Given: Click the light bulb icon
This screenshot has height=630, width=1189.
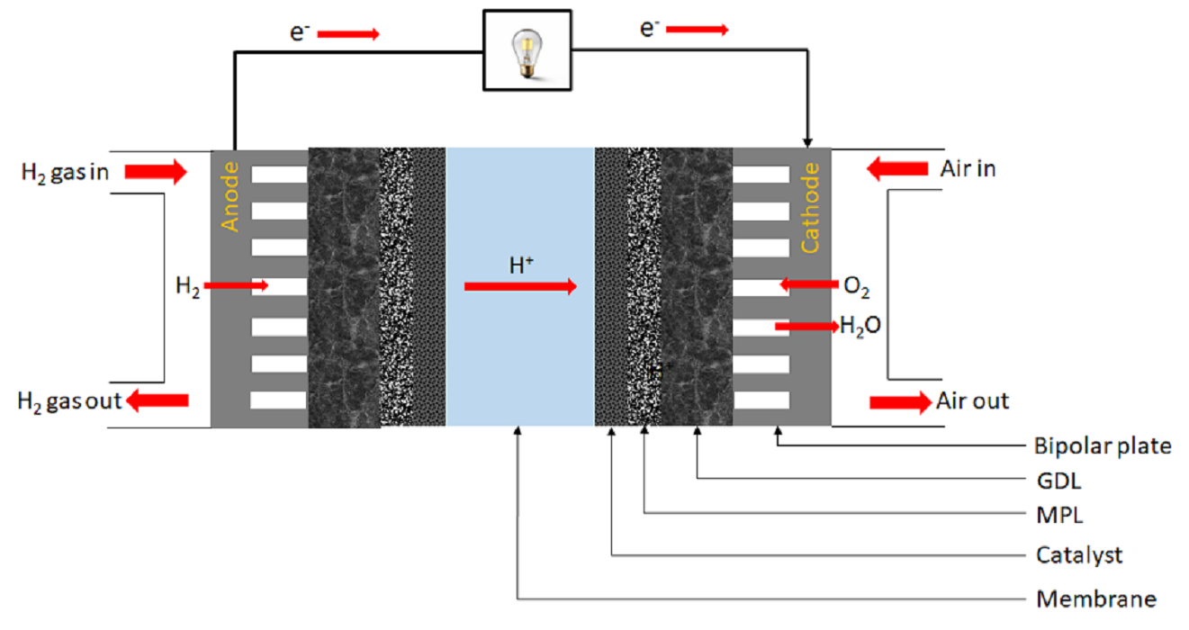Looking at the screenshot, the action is click(x=527, y=53).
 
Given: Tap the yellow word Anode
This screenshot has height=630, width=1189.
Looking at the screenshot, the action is click(x=230, y=197).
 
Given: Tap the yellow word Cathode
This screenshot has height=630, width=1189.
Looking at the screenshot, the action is click(x=810, y=208).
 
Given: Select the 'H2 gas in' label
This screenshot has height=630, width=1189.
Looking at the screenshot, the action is click(x=65, y=173).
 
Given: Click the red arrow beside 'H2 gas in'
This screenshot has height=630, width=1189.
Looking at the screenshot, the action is click(x=156, y=171).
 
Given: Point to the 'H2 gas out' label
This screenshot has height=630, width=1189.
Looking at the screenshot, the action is click(x=69, y=401).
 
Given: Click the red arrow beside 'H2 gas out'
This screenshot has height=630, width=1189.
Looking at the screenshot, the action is click(x=158, y=400).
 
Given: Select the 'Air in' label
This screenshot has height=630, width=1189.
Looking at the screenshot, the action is click(x=968, y=169).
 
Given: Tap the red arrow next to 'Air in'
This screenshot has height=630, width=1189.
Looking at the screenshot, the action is click(x=897, y=169).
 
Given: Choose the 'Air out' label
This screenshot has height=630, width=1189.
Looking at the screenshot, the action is click(x=972, y=400).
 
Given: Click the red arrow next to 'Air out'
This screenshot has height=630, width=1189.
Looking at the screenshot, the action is click(x=901, y=402).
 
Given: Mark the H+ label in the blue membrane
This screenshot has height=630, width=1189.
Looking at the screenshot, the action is click(x=521, y=265).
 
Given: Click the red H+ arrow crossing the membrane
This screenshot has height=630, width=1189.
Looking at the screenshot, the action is click(x=520, y=286).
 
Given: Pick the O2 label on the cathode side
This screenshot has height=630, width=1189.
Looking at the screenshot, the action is click(x=856, y=286).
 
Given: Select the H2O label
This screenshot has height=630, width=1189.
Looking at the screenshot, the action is click(x=860, y=326).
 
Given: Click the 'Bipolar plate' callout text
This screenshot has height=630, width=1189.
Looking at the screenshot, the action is click(x=1103, y=445).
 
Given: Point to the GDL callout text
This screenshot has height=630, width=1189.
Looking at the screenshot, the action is click(x=1059, y=481).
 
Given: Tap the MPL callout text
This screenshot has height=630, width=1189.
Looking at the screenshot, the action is click(x=1059, y=515).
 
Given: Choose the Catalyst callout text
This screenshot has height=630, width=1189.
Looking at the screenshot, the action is click(x=1079, y=555).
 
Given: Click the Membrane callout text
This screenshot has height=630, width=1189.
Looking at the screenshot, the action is click(x=1096, y=599).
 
